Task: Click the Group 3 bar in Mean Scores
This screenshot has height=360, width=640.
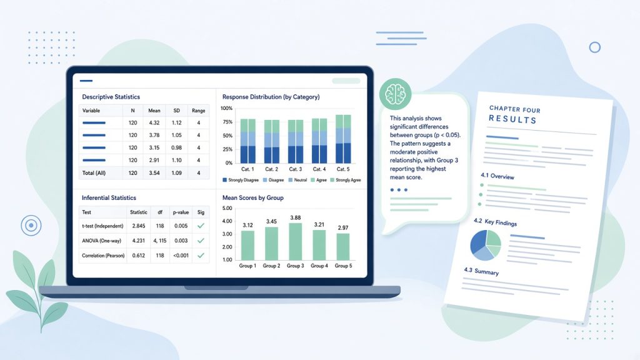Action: [295, 241]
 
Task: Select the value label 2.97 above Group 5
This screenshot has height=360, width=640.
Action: [343, 227]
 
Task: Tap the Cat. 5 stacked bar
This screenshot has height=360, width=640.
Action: [343, 139]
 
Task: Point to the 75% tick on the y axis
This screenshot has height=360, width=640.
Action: [227, 122]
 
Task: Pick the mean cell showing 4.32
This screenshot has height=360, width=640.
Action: [154, 123]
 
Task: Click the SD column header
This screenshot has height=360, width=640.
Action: [176, 111]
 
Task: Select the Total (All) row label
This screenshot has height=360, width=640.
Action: [94, 173]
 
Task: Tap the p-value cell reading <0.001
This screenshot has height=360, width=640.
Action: [181, 256]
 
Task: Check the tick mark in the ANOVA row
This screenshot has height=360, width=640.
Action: [201, 241]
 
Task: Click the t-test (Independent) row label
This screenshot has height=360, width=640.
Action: [102, 226]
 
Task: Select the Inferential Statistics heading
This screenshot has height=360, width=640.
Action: [109, 198]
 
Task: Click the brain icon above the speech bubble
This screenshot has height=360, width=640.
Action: [395, 94]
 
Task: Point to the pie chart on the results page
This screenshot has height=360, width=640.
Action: [486, 245]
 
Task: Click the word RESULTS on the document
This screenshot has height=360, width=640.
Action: [512, 119]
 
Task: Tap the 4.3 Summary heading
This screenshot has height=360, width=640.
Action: [481, 271]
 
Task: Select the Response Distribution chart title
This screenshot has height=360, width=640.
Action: [271, 97]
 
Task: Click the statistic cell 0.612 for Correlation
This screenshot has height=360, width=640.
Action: [138, 256]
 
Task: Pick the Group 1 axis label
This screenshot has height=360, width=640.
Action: [247, 266]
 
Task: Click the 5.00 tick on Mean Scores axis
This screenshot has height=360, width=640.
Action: [227, 208]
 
